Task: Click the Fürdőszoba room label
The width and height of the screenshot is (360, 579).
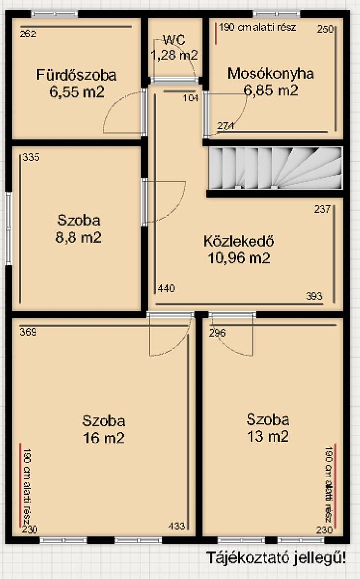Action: pos(76,75)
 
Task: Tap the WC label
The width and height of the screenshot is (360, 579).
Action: pos(174,40)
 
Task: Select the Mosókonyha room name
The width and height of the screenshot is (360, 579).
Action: pos(271,73)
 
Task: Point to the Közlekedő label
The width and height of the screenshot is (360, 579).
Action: pos(239,241)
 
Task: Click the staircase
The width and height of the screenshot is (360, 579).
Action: pos(275,168)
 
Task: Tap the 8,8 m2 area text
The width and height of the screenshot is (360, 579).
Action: pos(78,237)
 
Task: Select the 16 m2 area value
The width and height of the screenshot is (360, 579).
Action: pos(104,438)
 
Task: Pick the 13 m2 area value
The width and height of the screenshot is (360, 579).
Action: pos(268,437)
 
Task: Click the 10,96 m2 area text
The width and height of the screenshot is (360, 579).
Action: pos(239,258)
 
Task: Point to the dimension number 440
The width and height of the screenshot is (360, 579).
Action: pos(166,288)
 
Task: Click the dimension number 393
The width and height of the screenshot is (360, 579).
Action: pos(314,296)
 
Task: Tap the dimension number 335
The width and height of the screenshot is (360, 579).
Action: pos(31,157)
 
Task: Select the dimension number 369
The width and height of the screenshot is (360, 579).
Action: pos(28,332)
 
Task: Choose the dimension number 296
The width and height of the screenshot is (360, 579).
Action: pos(217,333)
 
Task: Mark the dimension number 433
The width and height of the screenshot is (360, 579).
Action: pos(177,526)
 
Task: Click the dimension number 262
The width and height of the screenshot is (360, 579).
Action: pos(28,34)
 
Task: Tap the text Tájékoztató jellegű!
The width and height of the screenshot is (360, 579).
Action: pos(276,558)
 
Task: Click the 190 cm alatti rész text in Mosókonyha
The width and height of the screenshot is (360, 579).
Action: pos(257,27)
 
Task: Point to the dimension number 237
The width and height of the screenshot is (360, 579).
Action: pos(323,209)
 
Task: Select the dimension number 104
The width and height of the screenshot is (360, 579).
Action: pos(191,98)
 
